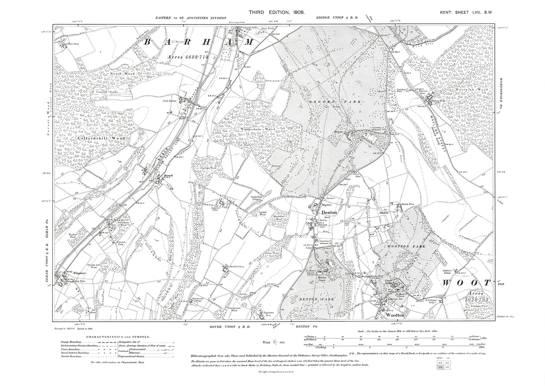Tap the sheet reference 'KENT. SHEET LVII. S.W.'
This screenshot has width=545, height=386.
click(467, 13)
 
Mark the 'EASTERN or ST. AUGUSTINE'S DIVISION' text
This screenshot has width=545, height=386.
click(190, 18)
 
